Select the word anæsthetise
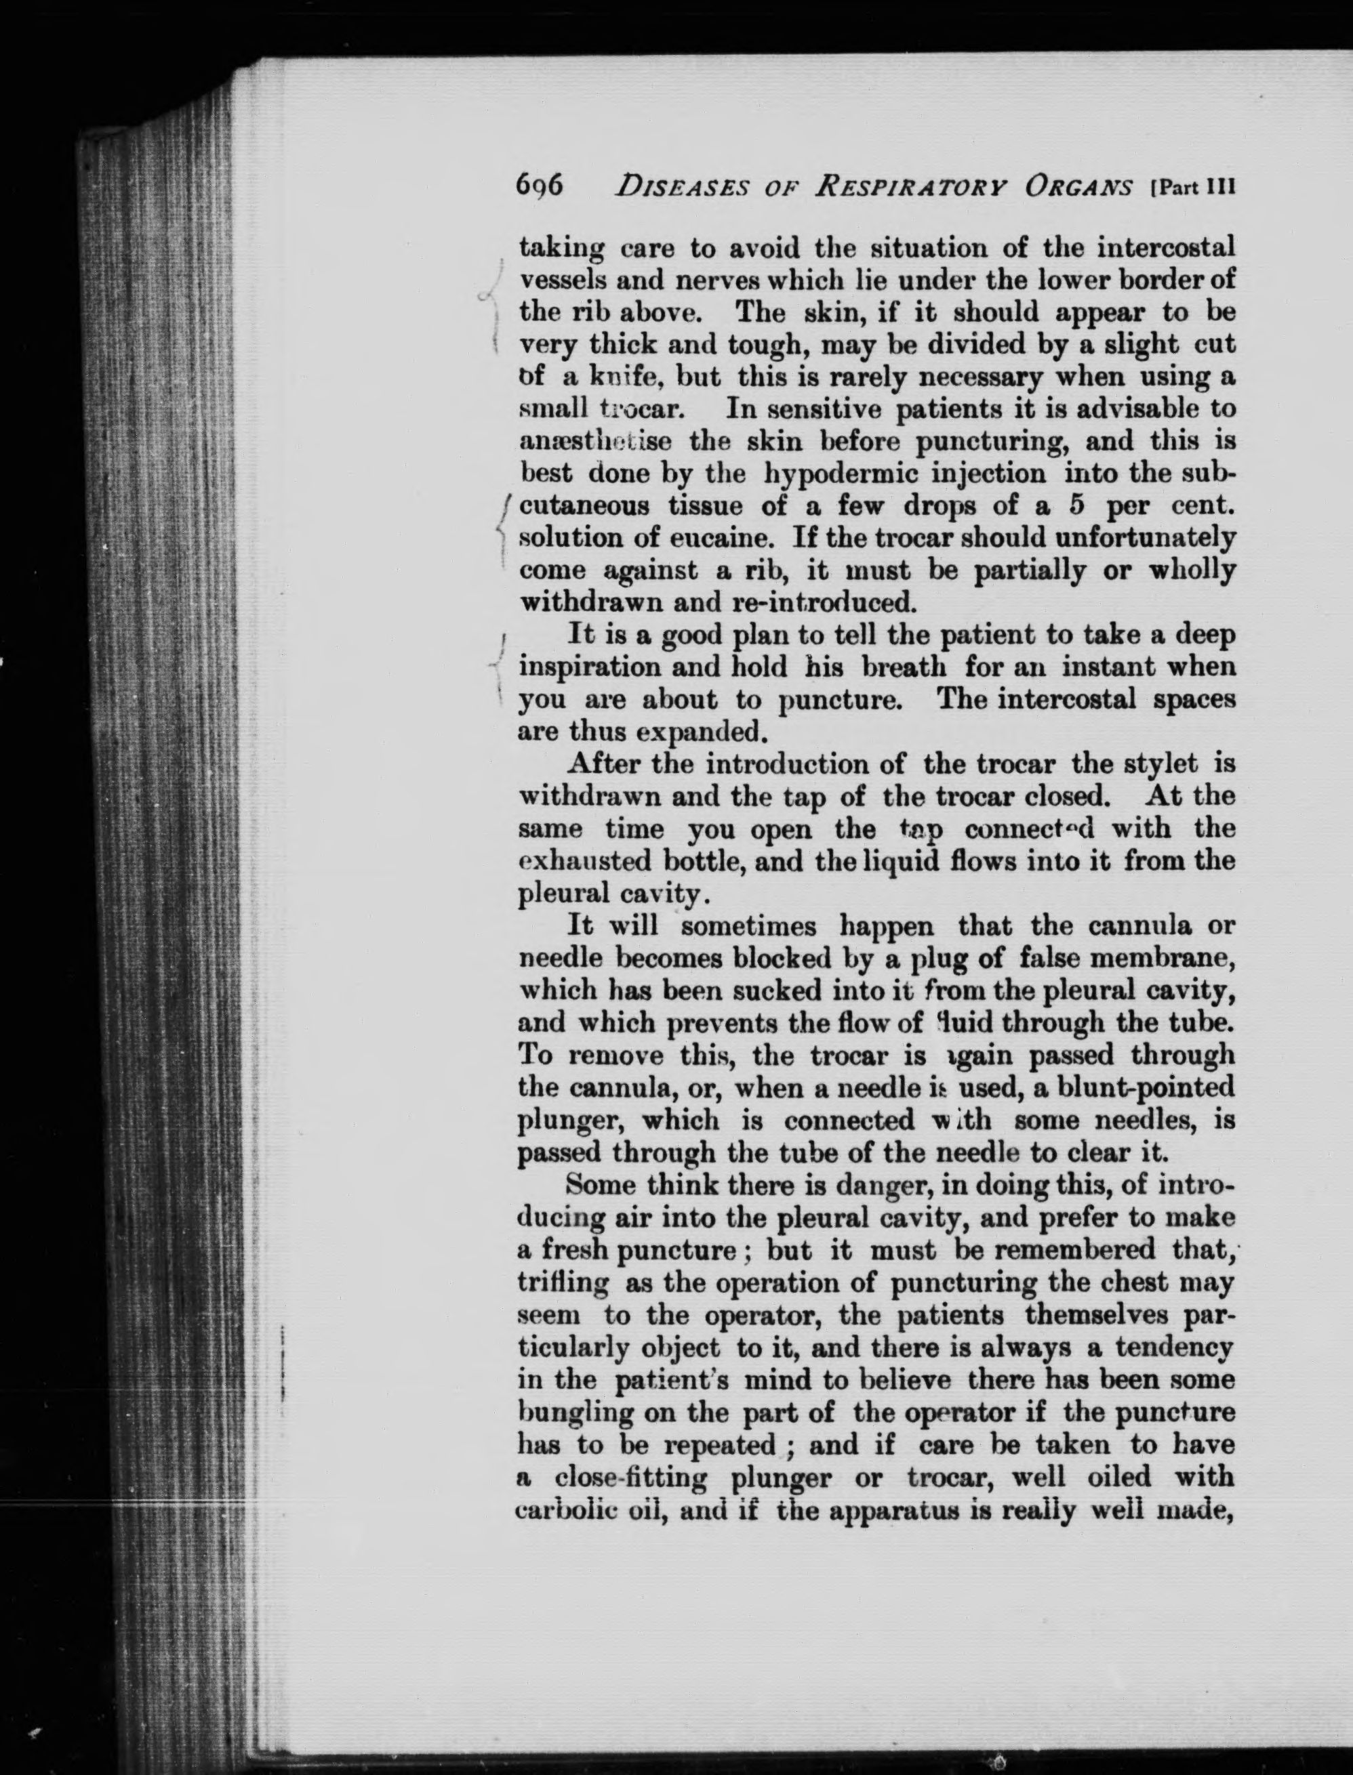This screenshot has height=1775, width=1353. pyautogui.click(x=585, y=442)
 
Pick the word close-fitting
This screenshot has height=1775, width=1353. pyautogui.click(x=631, y=1479)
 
